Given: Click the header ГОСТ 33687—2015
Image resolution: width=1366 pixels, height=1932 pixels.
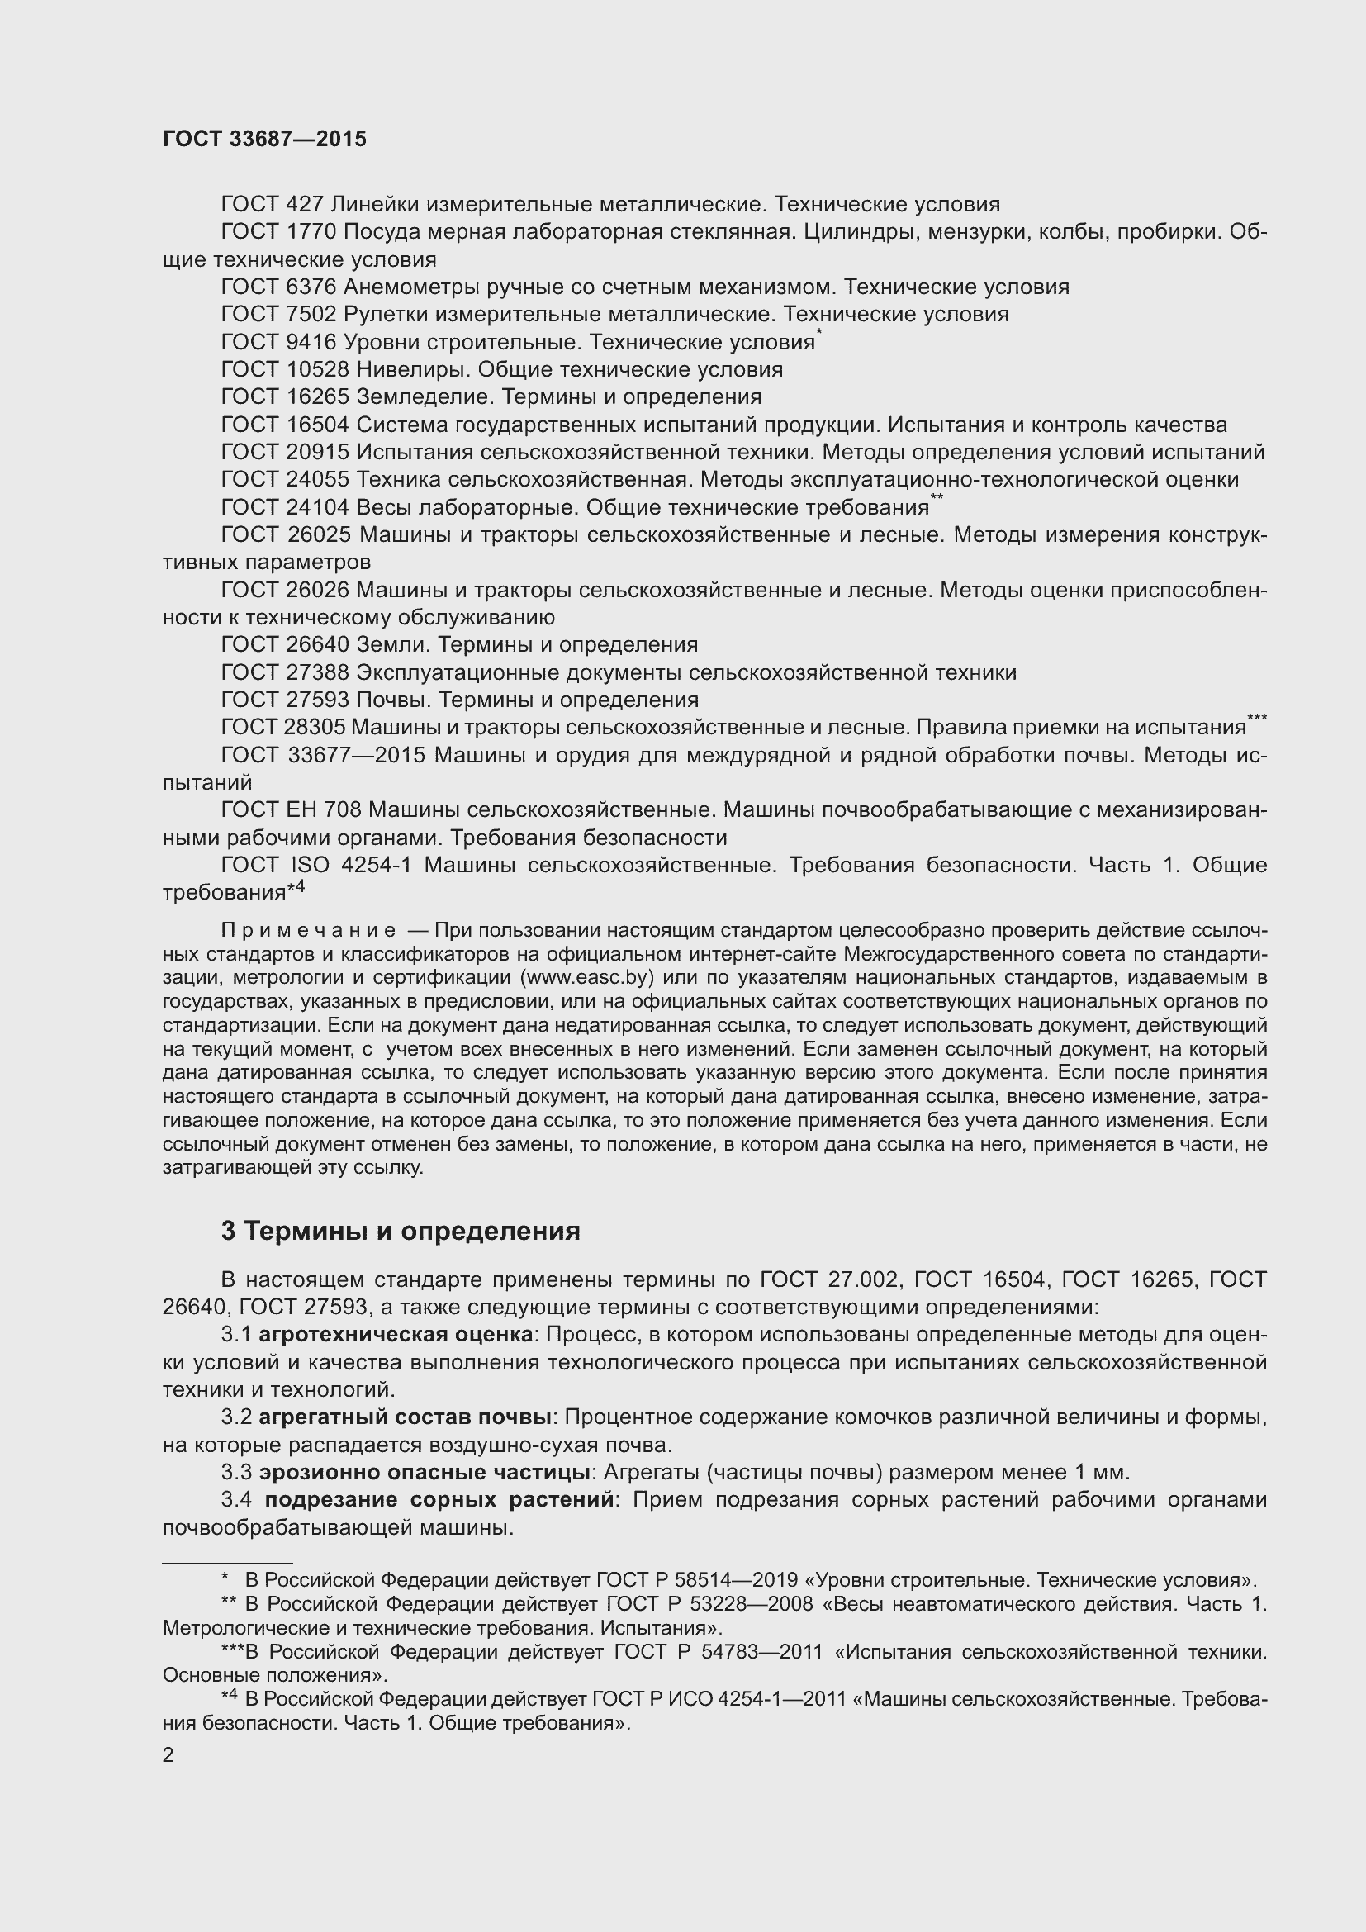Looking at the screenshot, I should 264,140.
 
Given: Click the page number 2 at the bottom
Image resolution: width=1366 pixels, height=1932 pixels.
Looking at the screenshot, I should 168,1755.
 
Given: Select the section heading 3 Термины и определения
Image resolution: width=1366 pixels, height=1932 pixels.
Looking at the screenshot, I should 401,1231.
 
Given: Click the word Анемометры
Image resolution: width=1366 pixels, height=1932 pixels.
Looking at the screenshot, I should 412,287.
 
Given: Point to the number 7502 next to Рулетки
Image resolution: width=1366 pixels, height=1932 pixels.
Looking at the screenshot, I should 311,315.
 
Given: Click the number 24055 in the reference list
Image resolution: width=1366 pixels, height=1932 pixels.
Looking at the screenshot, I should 318,480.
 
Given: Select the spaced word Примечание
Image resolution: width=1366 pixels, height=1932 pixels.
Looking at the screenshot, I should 308,931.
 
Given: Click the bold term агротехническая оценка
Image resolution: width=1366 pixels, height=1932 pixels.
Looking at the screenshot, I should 396,1335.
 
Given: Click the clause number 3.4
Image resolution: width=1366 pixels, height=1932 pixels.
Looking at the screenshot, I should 237,1500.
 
